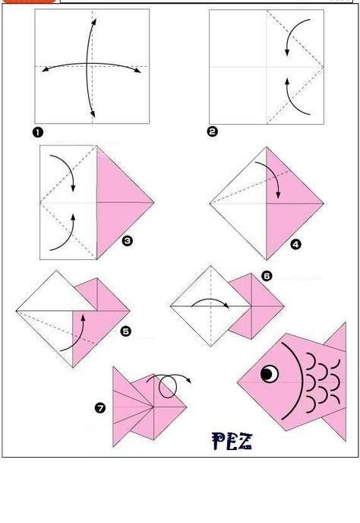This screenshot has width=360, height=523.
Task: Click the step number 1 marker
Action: click(x=38, y=132)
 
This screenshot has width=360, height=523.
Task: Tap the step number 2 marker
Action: click(x=213, y=132)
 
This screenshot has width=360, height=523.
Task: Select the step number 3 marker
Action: click(x=128, y=241)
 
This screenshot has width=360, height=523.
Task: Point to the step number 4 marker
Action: click(x=295, y=245)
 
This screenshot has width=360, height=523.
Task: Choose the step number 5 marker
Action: click(x=125, y=331)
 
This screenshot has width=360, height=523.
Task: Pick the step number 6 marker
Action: click(x=267, y=276)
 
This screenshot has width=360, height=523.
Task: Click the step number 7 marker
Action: click(x=100, y=407)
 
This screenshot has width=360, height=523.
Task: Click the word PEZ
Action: click(x=232, y=441)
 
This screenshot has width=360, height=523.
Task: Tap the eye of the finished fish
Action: click(x=270, y=373)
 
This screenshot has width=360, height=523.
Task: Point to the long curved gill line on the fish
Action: click(x=302, y=380)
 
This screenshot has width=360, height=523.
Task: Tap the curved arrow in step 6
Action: click(x=210, y=300)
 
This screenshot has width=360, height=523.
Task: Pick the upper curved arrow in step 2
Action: click(x=291, y=32)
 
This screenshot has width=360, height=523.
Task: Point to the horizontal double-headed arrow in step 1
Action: click(x=91, y=64)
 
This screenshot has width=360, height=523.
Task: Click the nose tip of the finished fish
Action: click(x=238, y=382)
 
